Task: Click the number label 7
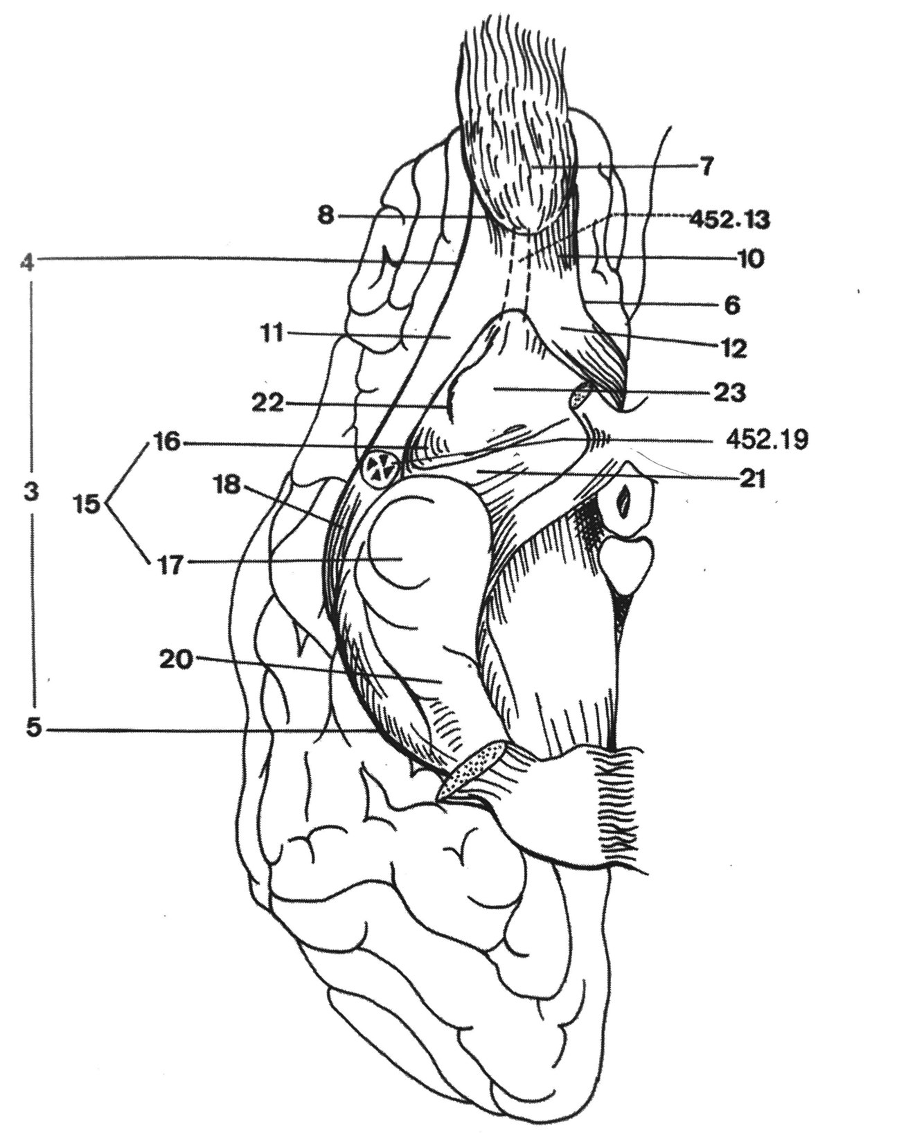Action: tap(704, 167)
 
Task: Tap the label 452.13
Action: tap(729, 220)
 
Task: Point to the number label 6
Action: tap(733, 304)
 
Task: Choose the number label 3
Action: tap(30, 493)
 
